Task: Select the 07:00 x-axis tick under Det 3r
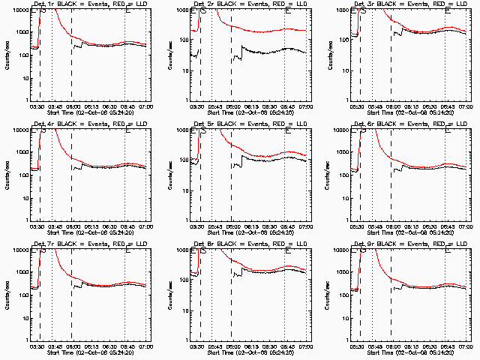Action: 466,107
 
